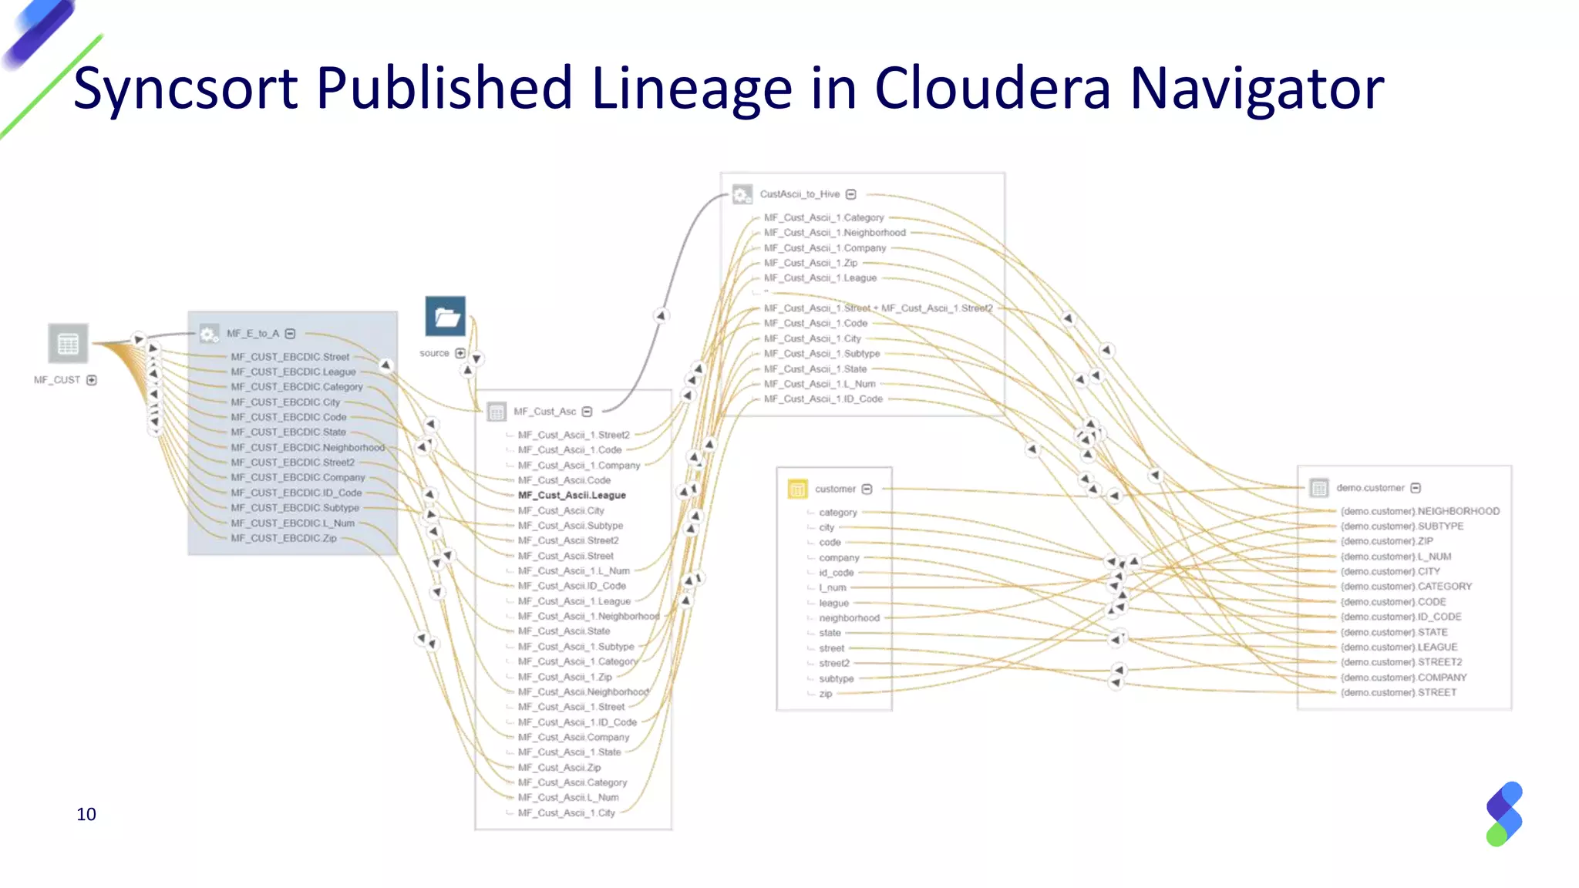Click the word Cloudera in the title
[x=992, y=88]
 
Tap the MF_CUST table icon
[x=68, y=343]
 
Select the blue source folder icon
[x=446, y=316]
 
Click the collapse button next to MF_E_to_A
[x=291, y=334]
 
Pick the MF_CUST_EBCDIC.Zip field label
[x=283, y=538]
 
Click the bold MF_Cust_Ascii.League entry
[x=571, y=495]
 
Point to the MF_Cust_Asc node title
[x=544, y=412]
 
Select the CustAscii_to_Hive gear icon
[x=742, y=194]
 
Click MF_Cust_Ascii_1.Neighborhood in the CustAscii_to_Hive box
[x=834, y=232]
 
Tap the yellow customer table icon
[x=797, y=489]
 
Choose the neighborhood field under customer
[x=848, y=617]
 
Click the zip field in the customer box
[x=825, y=694]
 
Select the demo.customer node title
[x=1370, y=488]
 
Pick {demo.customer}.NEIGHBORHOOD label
[x=1419, y=511]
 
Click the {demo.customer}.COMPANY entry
[x=1403, y=678]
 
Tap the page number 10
[x=86, y=814]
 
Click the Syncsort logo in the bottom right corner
[x=1503, y=814]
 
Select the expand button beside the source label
[x=460, y=353]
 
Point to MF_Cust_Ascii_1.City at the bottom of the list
[x=566, y=812]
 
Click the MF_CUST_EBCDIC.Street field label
[x=289, y=357]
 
